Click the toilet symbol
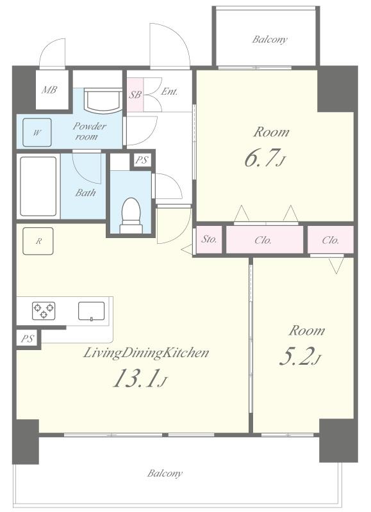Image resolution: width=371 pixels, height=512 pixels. pyautogui.click(x=131, y=216)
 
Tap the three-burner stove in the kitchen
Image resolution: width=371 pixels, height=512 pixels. pyautogui.click(x=44, y=311)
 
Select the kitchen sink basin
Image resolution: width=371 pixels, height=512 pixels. pyautogui.click(x=92, y=311)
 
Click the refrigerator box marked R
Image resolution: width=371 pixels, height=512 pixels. pyautogui.click(x=38, y=241)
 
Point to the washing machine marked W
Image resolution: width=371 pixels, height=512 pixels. pyautogui.click(x=37, y=132)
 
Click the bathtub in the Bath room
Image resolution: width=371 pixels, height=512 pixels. pyautogui.click(x=38, y=186)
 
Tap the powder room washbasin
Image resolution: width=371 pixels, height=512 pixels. pyautogui.click(x=101, y=100)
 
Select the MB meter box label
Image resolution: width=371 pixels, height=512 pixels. pyautogui.click(x=49, y=90)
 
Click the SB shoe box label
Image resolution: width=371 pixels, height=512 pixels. pyautogui.click(x=135, y=95)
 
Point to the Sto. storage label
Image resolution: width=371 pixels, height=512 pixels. pyautogui.click(x=209, y=239)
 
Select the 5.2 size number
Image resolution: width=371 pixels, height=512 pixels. pyautogui.click(x=296, y=356)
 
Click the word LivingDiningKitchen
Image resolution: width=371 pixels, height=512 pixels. pyautogui.click(x=146, y=353)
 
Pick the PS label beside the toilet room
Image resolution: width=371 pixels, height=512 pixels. pyautogui.click(x=142, y=161)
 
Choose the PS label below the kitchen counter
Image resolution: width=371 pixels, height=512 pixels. pyautogui.click(x=28, y=339)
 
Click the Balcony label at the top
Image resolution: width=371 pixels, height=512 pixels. pyautogui.click(x=270, y=40)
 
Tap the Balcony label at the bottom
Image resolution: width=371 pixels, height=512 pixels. pyautogui.click(x=165, y=473)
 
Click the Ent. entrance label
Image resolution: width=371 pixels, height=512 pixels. pyautogui.click(x=169, y=92)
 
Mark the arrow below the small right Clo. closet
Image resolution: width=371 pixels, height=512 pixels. pyautogui.click(x=336, y=265)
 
